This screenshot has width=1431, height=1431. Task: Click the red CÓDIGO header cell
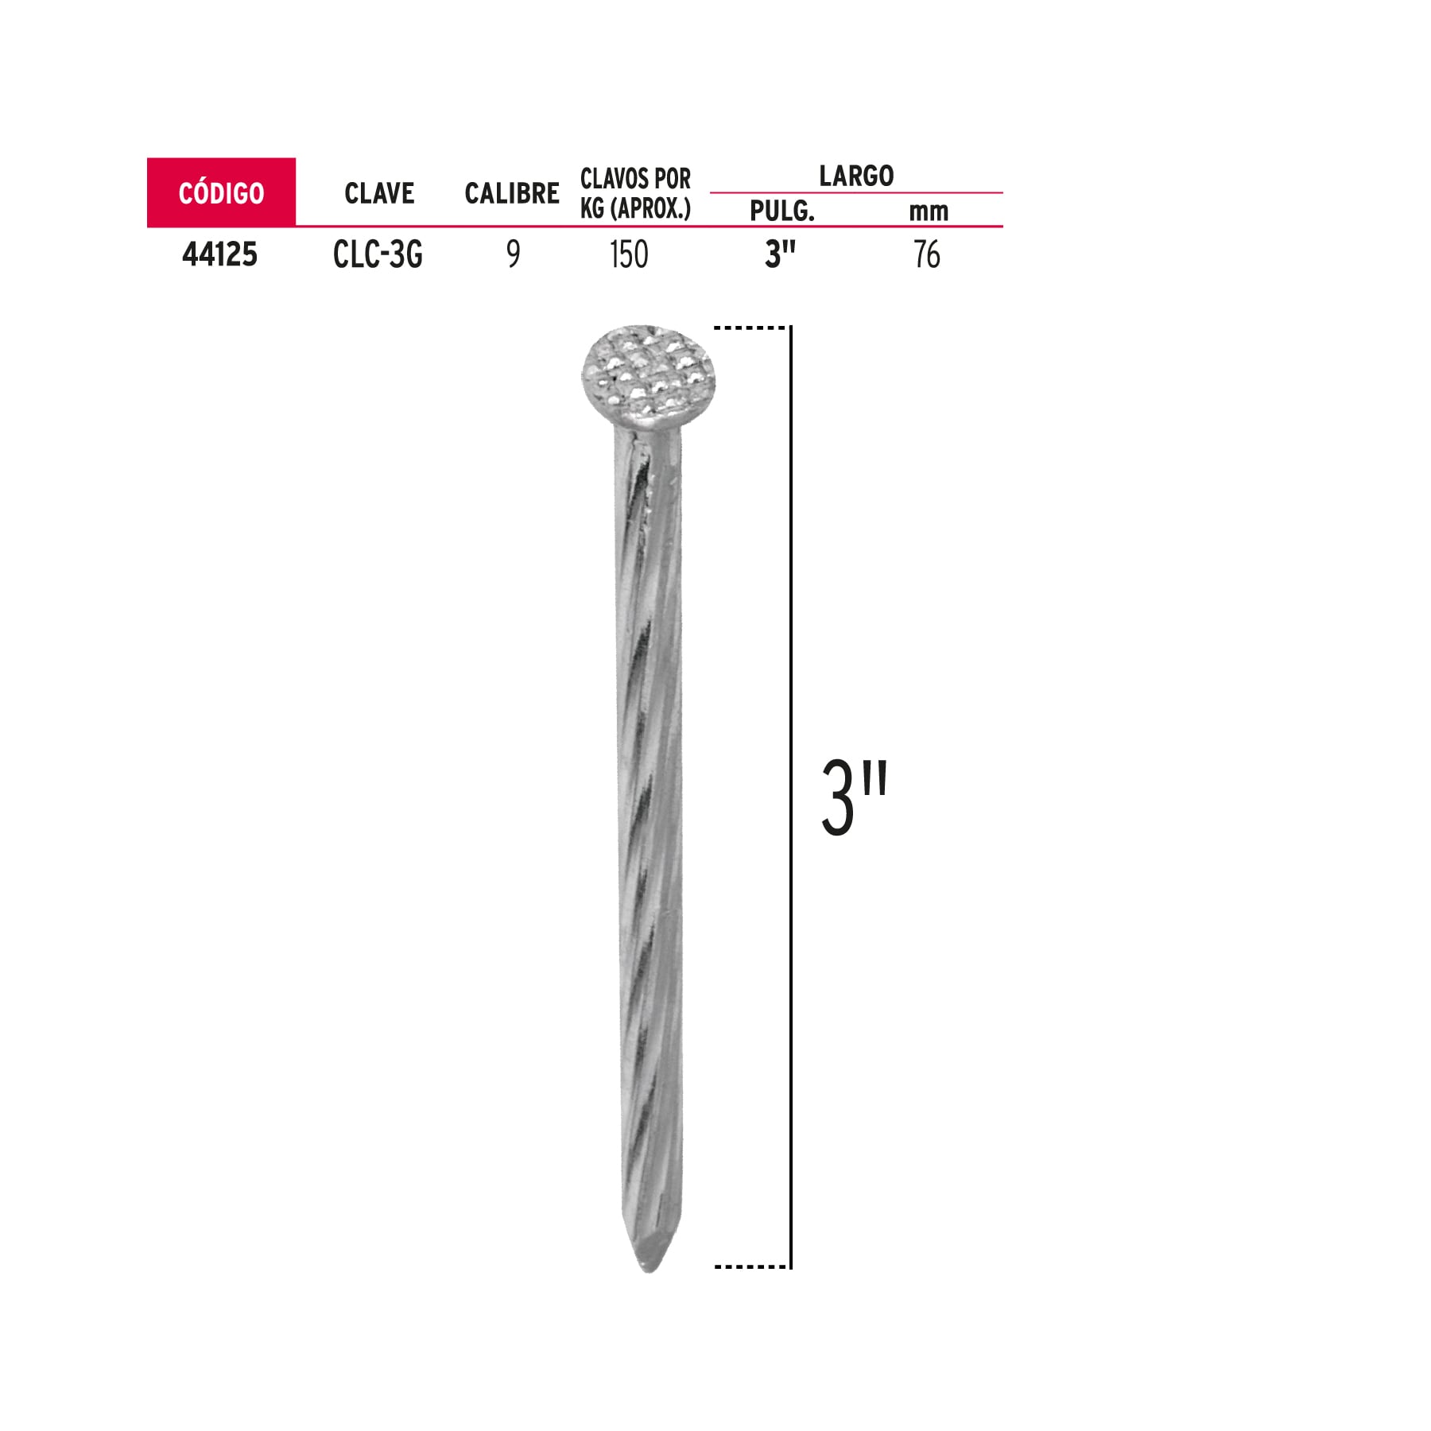(221, 192)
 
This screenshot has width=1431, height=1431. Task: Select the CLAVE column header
(379, 193)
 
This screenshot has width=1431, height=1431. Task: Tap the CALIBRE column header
(512, 193)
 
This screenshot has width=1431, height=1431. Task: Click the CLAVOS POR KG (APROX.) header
(635, 193)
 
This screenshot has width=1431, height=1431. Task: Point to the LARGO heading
(856, 176)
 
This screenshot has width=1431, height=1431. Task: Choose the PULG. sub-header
(782, 211)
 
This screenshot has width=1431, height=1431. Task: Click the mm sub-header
(928, 211)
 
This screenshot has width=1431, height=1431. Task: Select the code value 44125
(220, 254)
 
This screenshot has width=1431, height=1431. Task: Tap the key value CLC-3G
(378, 254)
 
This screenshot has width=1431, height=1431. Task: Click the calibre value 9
(514, 254)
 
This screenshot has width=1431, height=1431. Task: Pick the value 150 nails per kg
(629, 254)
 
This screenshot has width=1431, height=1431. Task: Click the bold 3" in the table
(780, 254)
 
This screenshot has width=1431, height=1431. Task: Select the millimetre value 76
(927, 254)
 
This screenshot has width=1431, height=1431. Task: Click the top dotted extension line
(750, 328)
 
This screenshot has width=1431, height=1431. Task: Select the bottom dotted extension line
(750, 1266)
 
